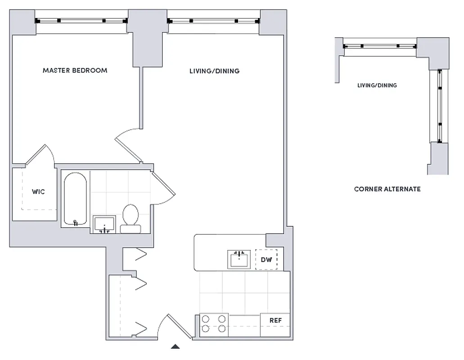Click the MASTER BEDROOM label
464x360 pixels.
(x=75, y=70)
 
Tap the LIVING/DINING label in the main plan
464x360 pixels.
(x=214, y=71)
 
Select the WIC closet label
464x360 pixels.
(x=38, y=192)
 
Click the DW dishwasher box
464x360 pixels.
(x=266, y=260)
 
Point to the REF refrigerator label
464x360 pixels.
(x=275, y=320)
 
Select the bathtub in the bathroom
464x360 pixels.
(x=75, y=199)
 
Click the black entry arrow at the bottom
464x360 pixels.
(x=176, y=346)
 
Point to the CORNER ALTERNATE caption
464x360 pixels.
(x=387, y=189)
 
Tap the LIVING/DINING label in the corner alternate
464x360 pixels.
(x=377, y=85)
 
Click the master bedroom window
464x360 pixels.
(x=81, y=21)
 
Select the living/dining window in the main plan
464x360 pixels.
(x=213, y=21)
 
